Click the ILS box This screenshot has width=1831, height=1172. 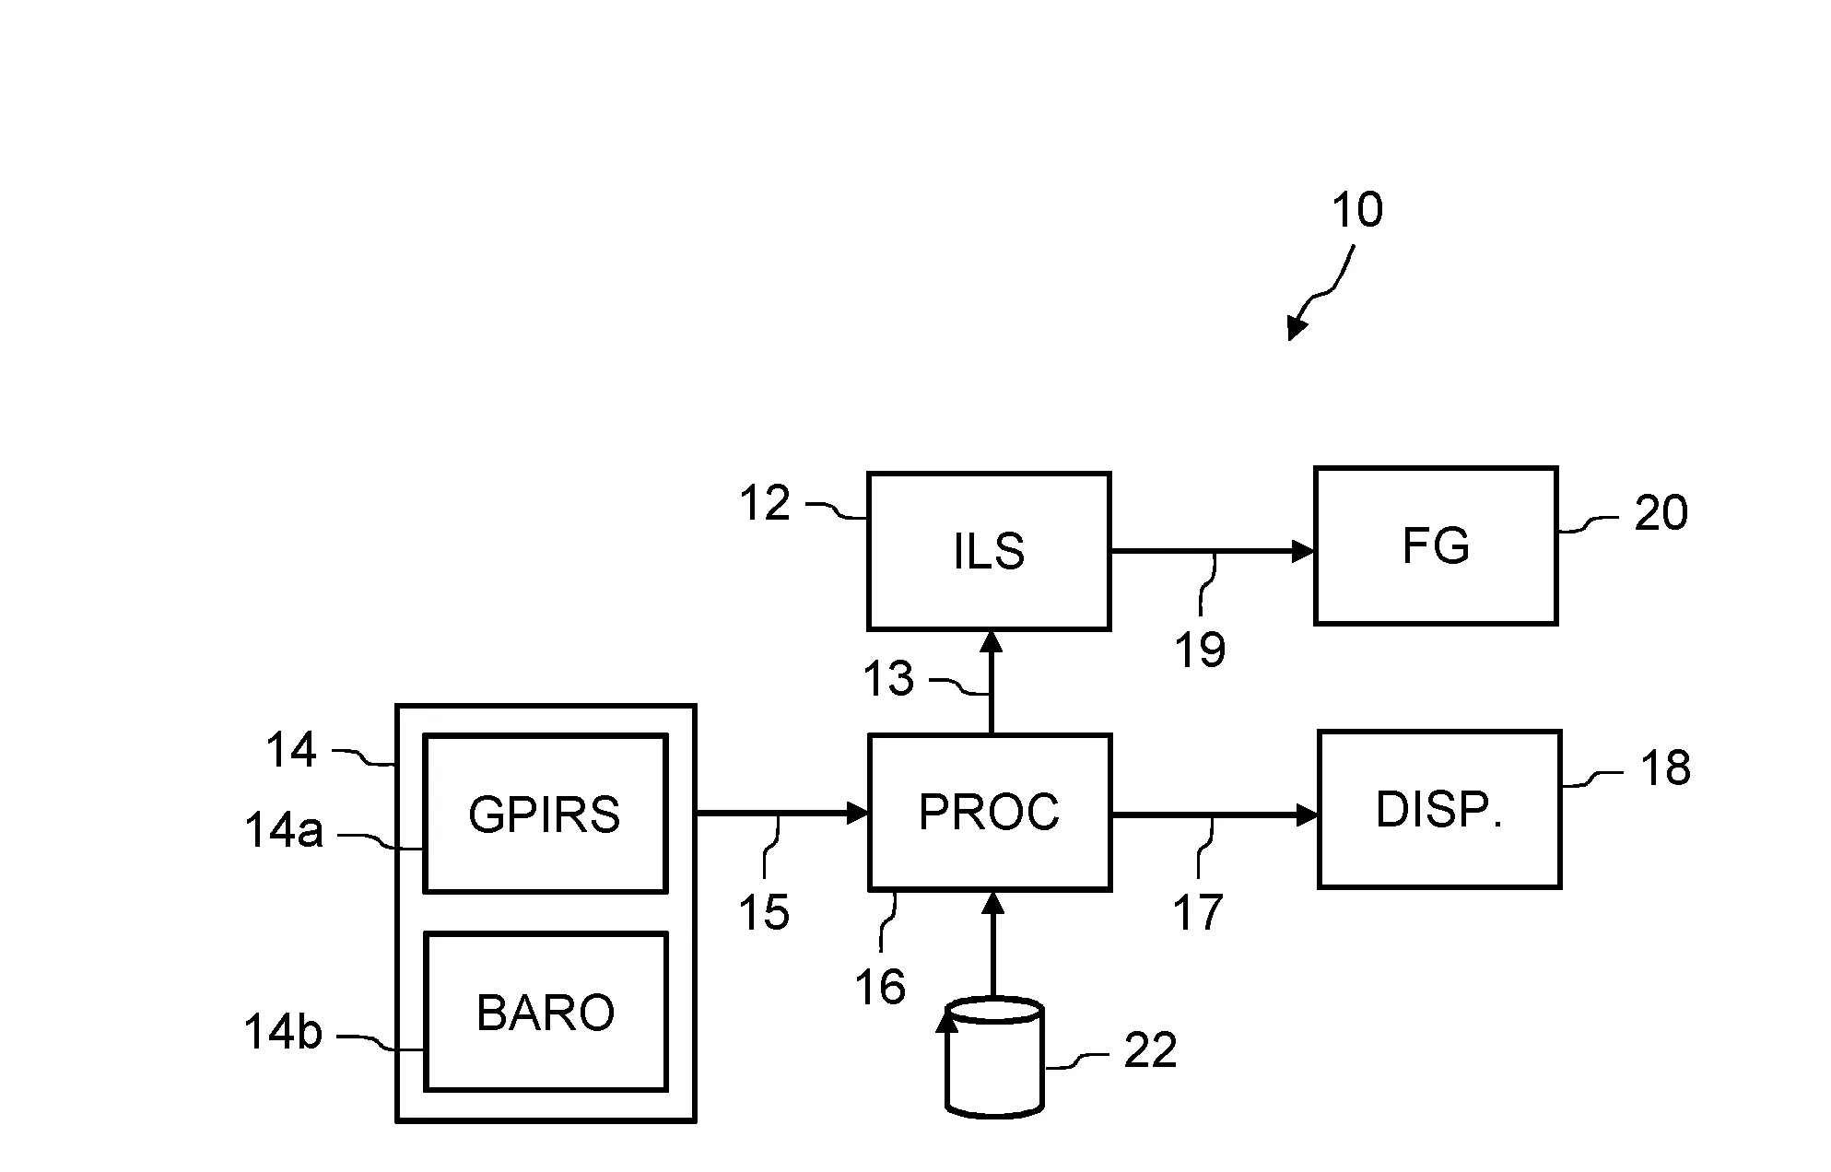click(x=988, y=551)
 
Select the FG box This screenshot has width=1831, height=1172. click(x=1435, y=545)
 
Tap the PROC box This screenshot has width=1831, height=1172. click(x=989, y=812)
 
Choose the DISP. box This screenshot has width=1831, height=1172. click(x=1438, y=809)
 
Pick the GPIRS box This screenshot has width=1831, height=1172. click(x=545, y=814)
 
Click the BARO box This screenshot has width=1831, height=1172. click(x=545, y=1012)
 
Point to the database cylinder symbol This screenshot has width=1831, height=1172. click(x=994, y=1058)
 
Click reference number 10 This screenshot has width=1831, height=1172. click(x=1356, y=210)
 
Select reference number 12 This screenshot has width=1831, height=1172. click(x=765, y=503)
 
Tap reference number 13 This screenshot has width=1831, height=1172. click(x=887, y=679)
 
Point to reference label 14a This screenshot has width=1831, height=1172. click(x=283, y=830)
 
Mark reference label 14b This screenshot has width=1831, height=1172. click(x=283, y=1031)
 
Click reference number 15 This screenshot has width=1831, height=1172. click(x=764, y=912)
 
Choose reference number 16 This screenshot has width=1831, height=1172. click(x=880, y=987)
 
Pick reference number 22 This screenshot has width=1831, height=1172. click(x=1150, y=1049)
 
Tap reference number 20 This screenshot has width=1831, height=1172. click(x=1661, y=512)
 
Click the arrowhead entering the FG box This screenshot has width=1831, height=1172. click(x=1302, y=551)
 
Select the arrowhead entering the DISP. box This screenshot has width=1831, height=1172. click(x=1307, y=815)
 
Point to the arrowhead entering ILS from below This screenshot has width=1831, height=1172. click(x=992, y=641)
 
